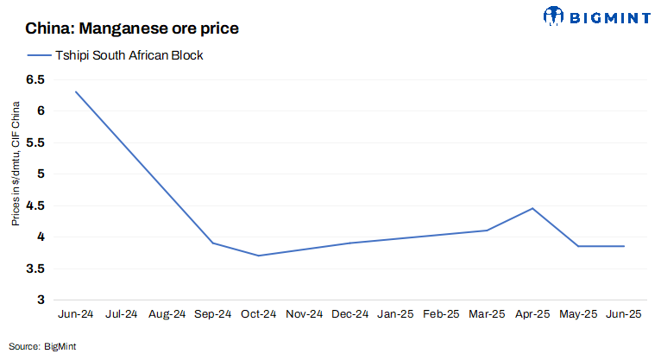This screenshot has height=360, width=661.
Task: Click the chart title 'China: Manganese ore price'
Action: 132,28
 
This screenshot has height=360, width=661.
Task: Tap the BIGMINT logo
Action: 596,16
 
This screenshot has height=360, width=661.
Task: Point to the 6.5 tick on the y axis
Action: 34,79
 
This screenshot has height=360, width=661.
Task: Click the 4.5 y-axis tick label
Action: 34,205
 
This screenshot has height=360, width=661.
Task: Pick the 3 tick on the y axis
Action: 40,300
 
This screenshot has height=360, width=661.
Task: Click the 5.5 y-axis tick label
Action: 34,142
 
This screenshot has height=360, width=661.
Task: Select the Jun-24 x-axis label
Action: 76,314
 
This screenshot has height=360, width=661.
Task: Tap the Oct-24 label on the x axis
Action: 258,314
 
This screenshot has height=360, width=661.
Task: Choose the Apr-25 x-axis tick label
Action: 532,314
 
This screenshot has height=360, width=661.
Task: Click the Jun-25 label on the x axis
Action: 624,314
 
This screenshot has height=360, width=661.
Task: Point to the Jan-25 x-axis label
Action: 395,314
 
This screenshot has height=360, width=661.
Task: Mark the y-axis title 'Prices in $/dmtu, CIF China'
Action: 16,164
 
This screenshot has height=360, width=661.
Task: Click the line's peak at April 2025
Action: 532,208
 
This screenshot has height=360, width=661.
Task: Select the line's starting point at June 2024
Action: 76,92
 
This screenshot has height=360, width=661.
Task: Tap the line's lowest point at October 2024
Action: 258,256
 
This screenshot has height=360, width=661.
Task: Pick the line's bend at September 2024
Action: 213,243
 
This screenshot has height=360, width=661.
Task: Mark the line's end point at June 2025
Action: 624,246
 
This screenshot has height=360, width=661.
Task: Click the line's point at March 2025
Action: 487,231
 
